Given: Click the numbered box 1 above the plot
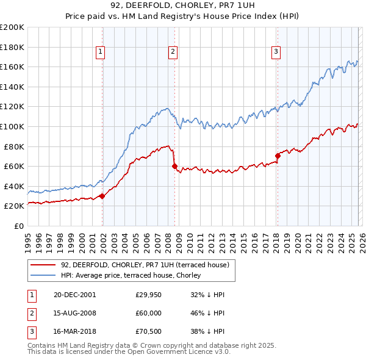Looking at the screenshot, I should [x=100, y=52].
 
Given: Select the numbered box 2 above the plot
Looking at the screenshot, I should [x=173, y=52].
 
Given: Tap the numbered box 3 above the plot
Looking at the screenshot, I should [x=276, y=52].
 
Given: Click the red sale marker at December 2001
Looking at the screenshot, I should [x=102, y=196].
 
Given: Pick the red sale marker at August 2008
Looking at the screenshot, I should [x=174, y=166].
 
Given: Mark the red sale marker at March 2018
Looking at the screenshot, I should [x=278, y=156].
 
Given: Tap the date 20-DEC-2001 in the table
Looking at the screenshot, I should [x=74, y=295].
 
